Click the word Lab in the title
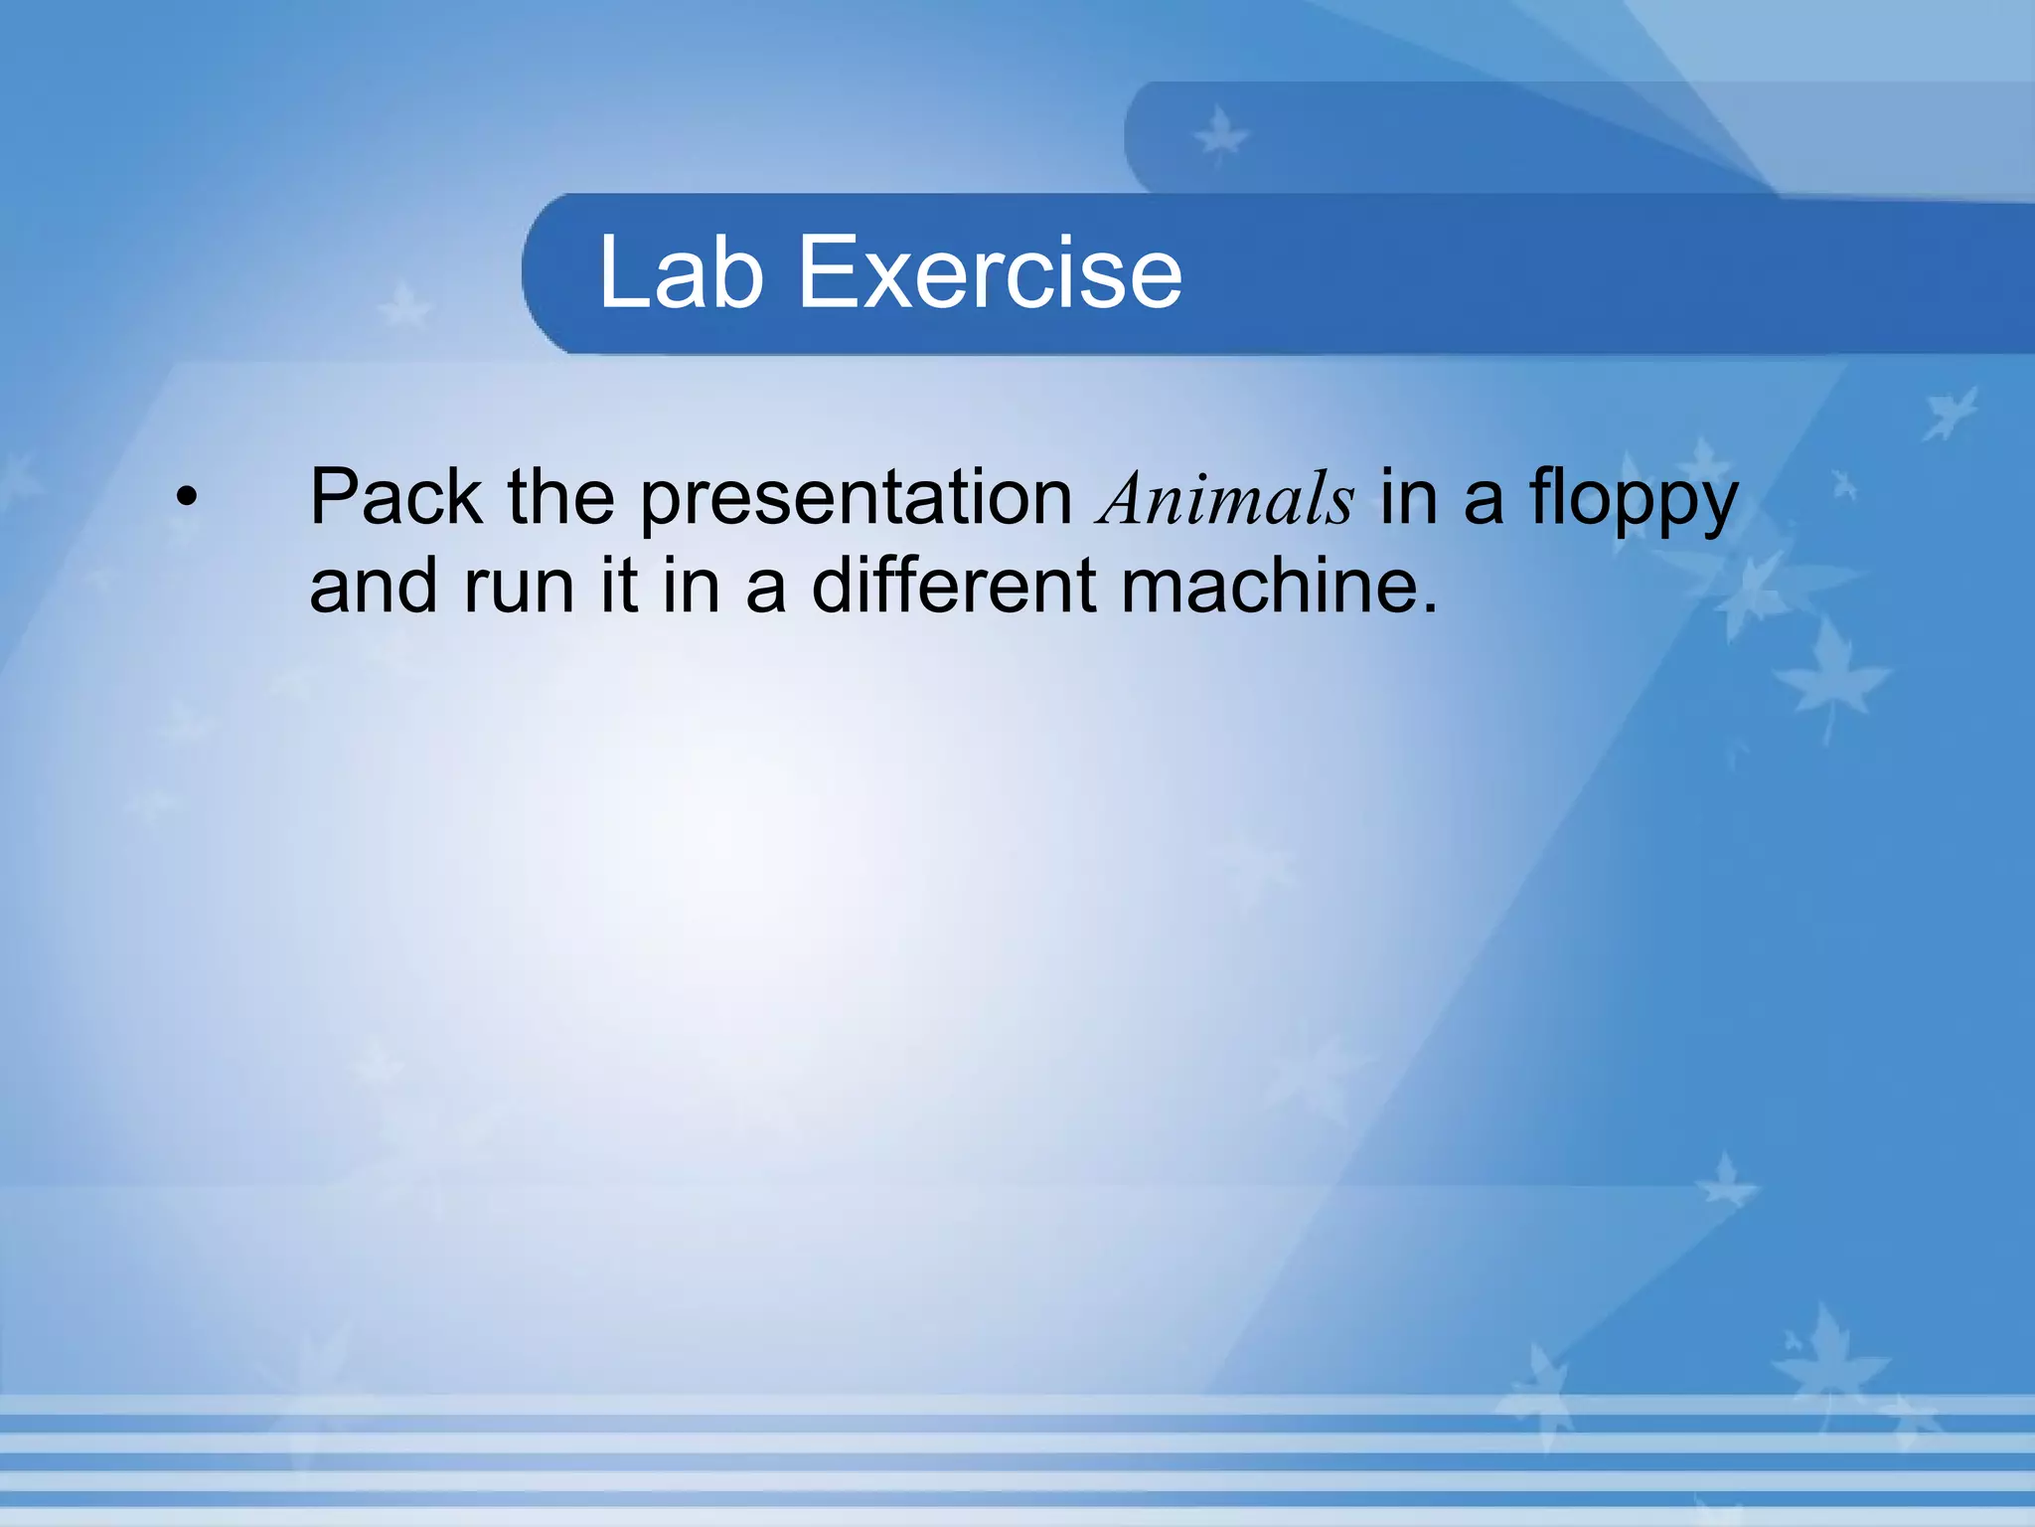click(681, 272)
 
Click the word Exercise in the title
click(990, 272)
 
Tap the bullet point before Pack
click(186, 496)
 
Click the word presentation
click(855, 496)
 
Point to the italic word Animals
click(1226, 498)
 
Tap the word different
click(954, 586)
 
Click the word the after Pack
click(560, 496)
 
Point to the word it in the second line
click(619, 586)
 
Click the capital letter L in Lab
click(622, 272)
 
